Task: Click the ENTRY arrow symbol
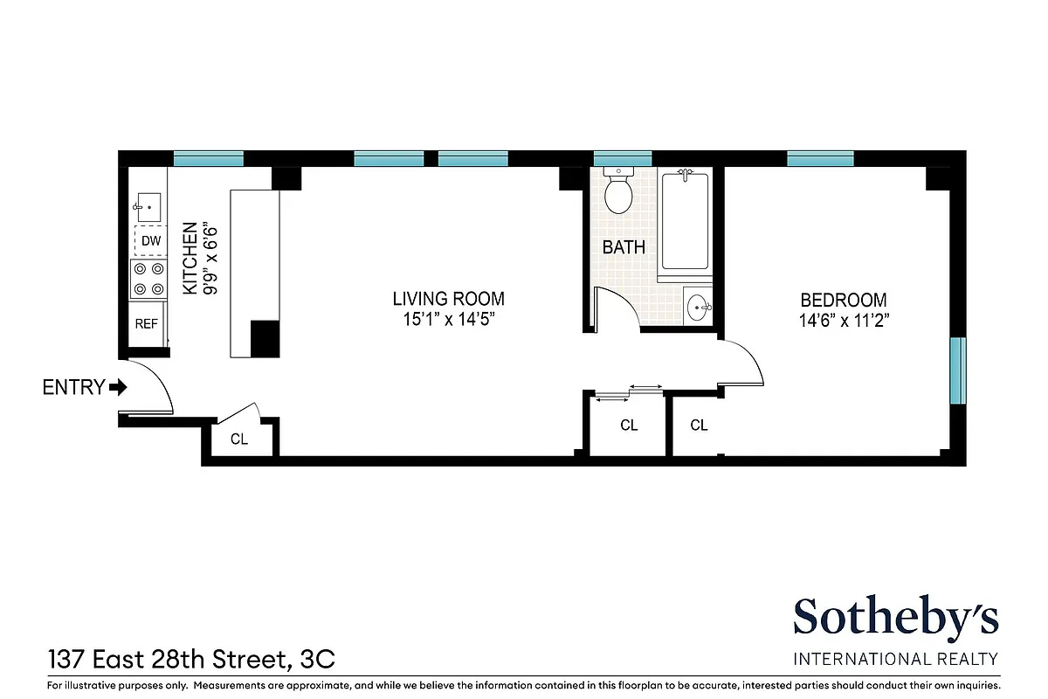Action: [118, 386]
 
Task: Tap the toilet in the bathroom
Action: [619, 194]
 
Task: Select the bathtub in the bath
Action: [685, 223]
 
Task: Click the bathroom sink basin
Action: [698, 306]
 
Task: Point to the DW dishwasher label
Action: [150, 240]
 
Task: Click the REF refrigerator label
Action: [147, 323]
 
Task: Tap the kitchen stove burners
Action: [148, 279]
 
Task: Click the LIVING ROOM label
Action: [448, 299]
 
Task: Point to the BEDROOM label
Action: [843, 300]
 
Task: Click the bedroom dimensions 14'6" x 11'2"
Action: [843, 320]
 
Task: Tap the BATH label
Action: [624, 247]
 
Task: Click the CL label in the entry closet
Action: [239, 439]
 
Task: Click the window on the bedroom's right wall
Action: [959, 370]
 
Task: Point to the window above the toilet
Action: [622, 158]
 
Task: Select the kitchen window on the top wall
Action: [208, 158]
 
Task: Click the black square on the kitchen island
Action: [265, 338]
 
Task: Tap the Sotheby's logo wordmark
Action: [895, 619]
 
